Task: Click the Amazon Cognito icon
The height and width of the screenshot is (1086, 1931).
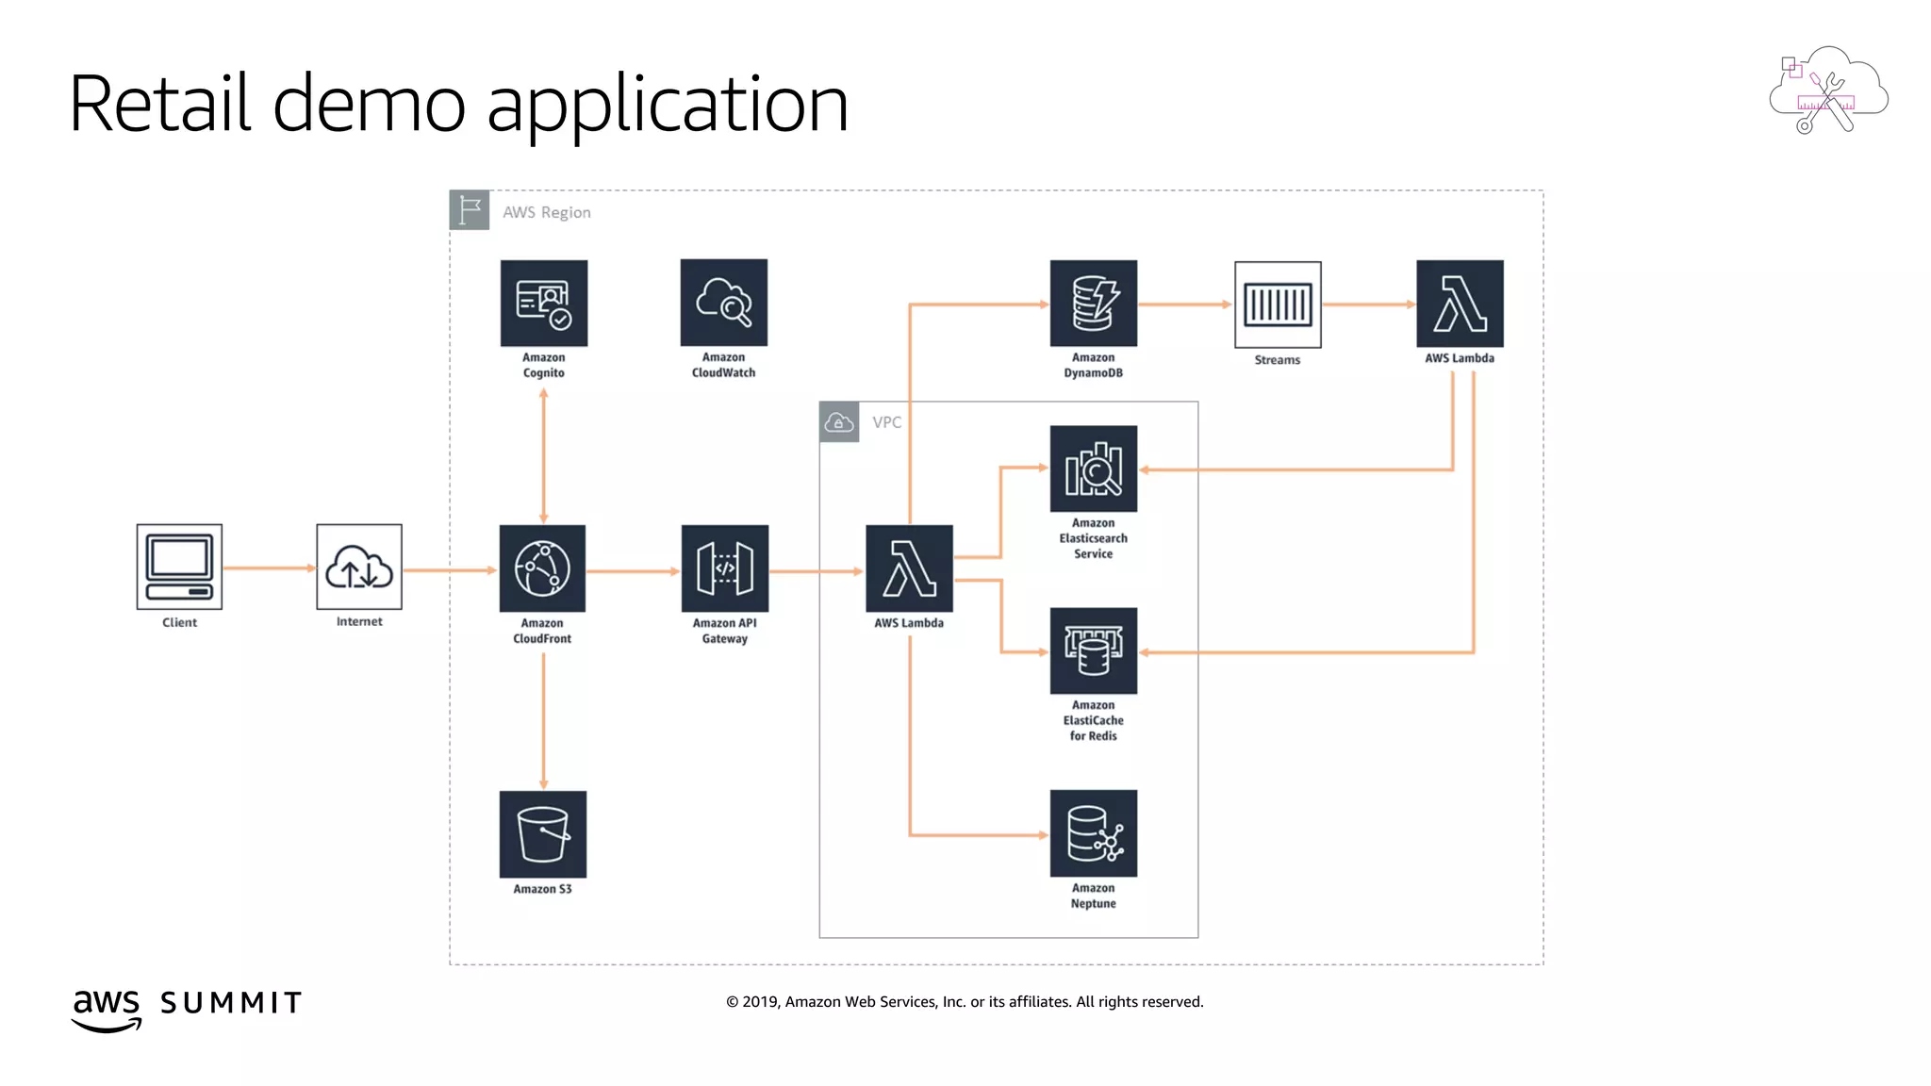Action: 543,303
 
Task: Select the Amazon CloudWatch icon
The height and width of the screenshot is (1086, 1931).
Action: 723,303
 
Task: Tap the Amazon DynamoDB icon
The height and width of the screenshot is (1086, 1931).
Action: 1093,303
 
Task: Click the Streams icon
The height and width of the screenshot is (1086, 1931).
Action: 1277,304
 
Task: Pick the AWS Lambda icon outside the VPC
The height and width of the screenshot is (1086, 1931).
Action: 1459,303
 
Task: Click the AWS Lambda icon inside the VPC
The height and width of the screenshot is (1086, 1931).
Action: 909,568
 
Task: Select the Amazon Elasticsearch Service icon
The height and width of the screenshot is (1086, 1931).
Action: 1093,469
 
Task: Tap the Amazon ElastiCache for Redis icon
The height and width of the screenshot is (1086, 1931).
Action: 1093,650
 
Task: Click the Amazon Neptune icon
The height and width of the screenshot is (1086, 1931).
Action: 1093,833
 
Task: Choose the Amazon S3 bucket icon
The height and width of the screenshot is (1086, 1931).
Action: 542,833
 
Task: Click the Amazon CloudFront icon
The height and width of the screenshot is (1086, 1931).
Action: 542,568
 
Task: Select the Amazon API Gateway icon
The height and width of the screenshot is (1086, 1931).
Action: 724,568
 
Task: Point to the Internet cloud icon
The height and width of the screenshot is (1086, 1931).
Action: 358,567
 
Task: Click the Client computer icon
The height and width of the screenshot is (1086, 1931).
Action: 179,566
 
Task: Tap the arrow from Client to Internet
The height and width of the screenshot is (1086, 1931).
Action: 269,568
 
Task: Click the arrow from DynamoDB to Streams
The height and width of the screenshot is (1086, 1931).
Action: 1184,304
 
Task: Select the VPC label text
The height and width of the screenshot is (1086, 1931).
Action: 886,422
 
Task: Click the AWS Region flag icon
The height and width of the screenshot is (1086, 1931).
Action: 469,210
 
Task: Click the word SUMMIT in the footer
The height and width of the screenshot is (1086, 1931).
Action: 231,1002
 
